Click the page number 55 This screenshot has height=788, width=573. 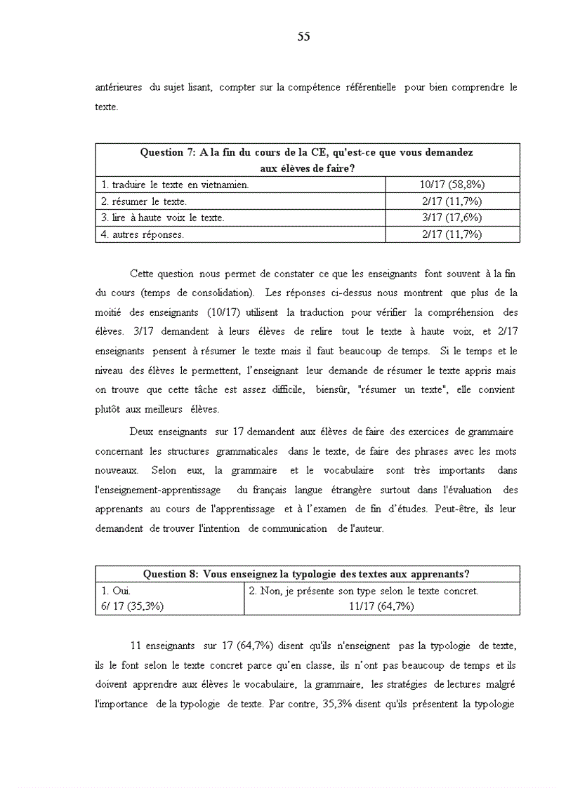click(303, 37)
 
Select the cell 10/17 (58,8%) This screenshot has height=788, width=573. click(452, 185)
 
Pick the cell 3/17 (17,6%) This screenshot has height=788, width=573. click(452, 218)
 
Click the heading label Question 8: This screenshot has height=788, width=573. click(171, 574)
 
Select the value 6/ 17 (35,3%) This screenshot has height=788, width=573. click(133, 607)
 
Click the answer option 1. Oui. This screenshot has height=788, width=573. click(116, 592)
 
